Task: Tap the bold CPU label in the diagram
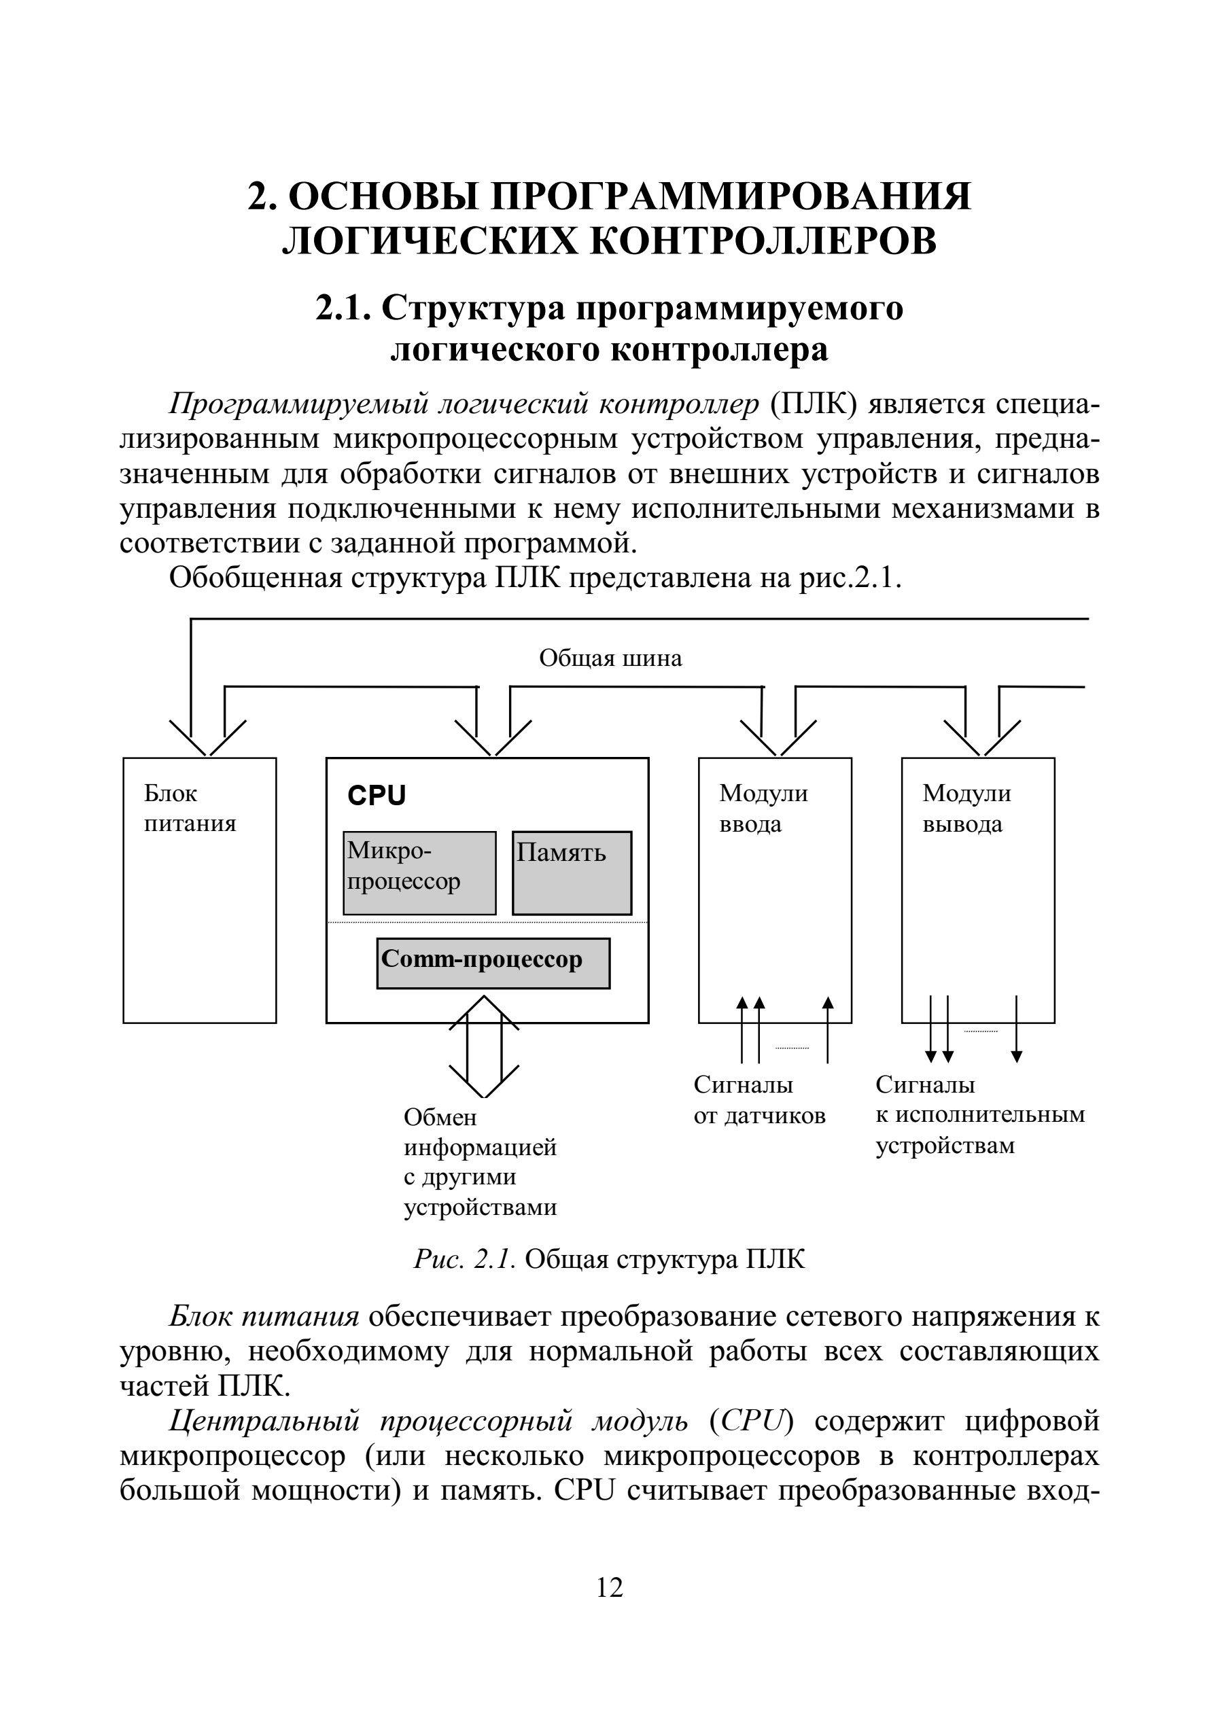(376, 796)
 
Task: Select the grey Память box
(572, 872)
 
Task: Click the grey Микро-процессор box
(420, 872)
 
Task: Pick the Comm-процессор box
(493, 963)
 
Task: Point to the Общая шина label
(610, 658)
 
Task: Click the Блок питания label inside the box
(190, 808)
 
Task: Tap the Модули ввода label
(763, 808)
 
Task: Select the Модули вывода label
(966, 808)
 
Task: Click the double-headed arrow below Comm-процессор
(484, 1046)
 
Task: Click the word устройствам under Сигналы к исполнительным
(945, 1146)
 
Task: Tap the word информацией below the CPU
(480, 1147)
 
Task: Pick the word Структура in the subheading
(473, 309)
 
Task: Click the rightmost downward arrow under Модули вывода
(1017, 1029)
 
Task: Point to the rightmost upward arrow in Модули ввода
(828, 1029)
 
